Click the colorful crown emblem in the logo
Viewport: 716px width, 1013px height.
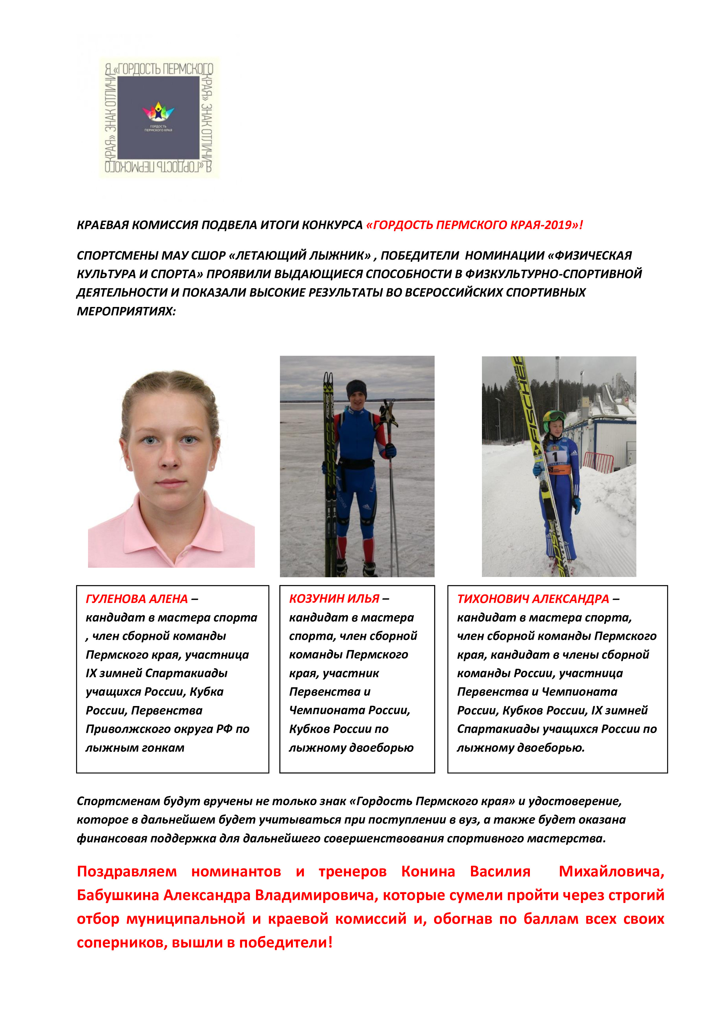(158, 112)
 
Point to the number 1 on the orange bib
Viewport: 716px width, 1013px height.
(556, 457)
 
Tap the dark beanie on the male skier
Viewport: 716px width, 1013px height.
(356, 388)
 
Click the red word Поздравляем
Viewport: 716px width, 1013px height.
(126, 872)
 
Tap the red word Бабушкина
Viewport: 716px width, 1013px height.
(118, 895)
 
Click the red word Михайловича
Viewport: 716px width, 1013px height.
(611, 872)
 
